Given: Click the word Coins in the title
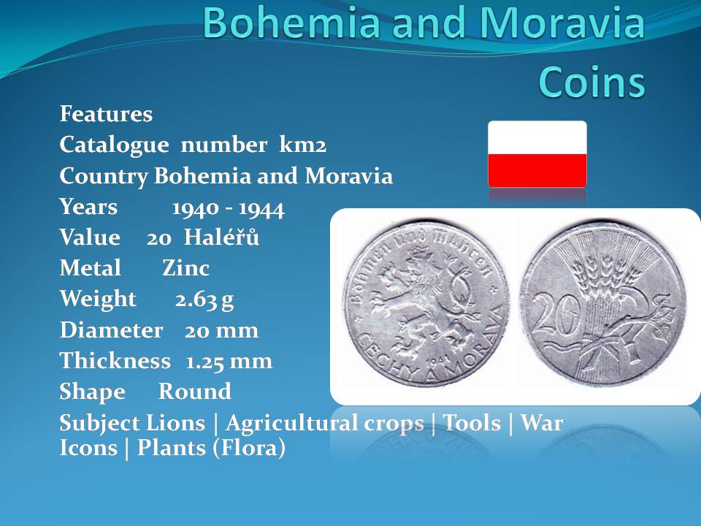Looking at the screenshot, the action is click(x=592, y=81).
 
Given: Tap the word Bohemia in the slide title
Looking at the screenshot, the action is click(x=291, y=23).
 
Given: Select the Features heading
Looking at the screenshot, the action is click(x=106, y=114).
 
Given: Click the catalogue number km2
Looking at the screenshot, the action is click(x=302, y=145).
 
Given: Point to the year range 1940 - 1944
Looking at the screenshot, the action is click(x=228, y=208).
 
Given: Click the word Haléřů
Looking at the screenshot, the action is click(x=222, y=236).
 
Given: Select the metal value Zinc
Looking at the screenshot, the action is click(x=185, y=268).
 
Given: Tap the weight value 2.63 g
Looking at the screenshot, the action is click(x=204, y=300).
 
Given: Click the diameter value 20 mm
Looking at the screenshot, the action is click(x=222, y=330).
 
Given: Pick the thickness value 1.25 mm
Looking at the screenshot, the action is click(x=229, y=362).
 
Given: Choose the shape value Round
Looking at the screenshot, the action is click(x=195, y=392).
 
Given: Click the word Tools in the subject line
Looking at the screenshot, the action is click(x=472, y=423).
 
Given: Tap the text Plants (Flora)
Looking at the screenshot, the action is click(x=211, y=448).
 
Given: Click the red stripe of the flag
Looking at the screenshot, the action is click(x=537, y=170).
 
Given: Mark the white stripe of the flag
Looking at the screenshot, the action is click(x=537, y=138).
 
